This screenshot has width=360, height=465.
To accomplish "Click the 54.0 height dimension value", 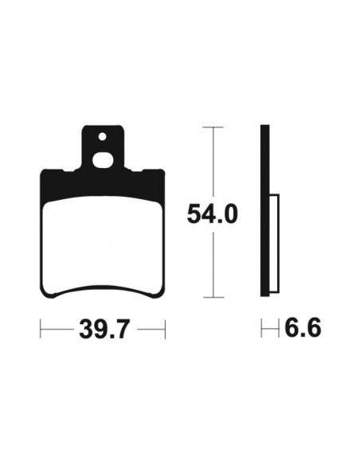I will [212, 213].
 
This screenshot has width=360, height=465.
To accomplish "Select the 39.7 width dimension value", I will [104, 328].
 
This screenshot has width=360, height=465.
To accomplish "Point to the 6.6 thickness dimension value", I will [302, 328].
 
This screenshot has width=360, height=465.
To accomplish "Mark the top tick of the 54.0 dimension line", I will [211, 127].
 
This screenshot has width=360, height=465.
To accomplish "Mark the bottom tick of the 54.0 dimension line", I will [211, 297].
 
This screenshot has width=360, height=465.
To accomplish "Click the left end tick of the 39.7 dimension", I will [41, 328].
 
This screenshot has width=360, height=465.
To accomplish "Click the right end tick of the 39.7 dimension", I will [164, 328].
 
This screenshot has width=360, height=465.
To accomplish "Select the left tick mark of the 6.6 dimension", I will [262, 328].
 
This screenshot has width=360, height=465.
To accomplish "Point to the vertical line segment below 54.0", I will [211, 263].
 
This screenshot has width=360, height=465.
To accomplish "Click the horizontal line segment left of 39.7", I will [57, 328].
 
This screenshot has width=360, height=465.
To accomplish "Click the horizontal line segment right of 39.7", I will [149, 328].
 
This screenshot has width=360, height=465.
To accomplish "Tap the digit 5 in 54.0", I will [193, 213].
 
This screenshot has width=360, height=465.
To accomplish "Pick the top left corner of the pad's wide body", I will [44, 172].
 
